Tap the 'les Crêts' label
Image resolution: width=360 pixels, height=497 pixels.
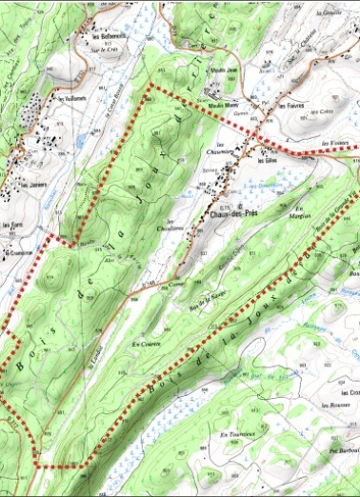[325, 112]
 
